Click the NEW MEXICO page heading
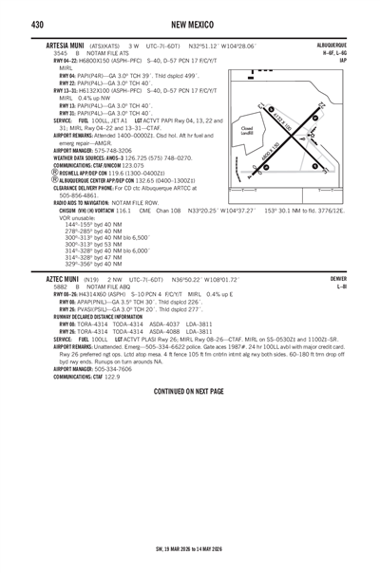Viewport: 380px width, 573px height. click(190, 22)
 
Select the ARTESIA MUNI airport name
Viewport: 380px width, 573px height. click(59, 45)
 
